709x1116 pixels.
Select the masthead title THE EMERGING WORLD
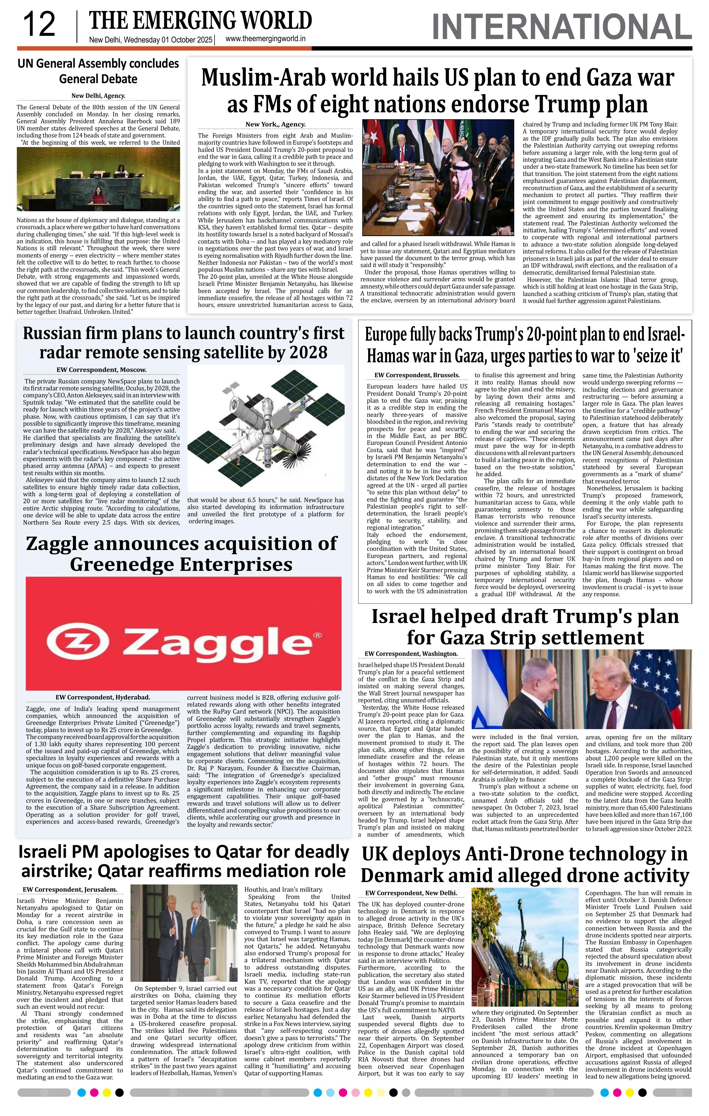[x=200, y=21]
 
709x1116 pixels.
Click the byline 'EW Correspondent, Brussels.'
[x=417, y=375]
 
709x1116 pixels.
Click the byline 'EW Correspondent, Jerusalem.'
[x=70, y=889]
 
